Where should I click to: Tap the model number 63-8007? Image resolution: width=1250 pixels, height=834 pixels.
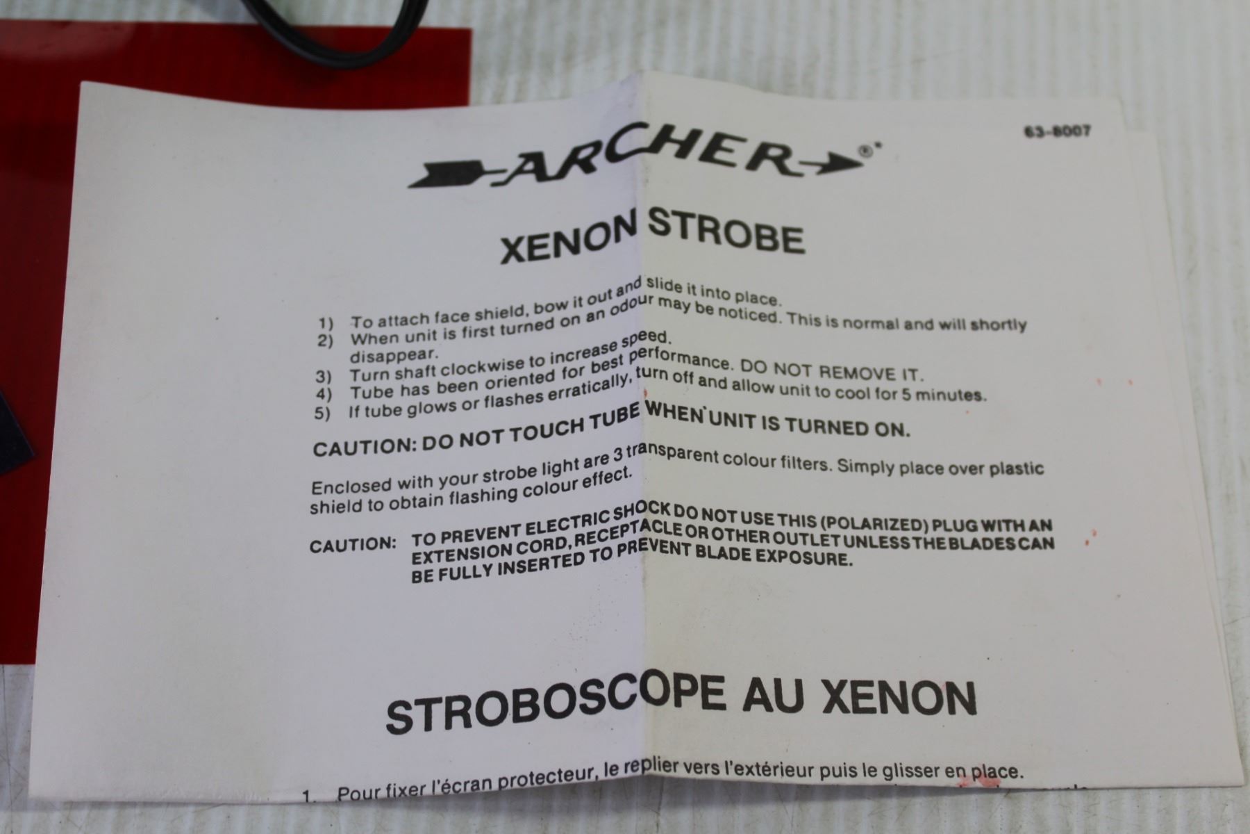pos(1057,131)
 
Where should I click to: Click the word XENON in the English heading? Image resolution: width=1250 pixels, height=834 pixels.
pos(567,244)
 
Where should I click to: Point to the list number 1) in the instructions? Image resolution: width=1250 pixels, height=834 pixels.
pos(326,323)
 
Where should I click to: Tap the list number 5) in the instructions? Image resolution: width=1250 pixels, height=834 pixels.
pos(323,414)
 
